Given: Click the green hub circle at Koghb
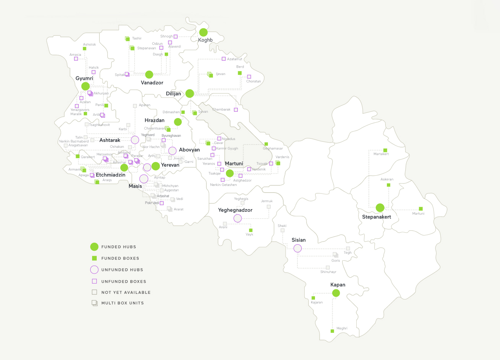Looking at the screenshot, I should (203, 32).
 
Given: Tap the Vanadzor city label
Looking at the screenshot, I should (152, 83).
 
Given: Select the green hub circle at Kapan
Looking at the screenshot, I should (336, 293).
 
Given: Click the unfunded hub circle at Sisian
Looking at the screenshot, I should (297, 248).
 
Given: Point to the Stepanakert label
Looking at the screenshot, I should (377, 217).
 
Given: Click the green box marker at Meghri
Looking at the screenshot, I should (332, 331).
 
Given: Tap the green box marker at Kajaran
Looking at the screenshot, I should (313, 298).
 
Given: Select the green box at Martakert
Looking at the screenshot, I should (385, 150).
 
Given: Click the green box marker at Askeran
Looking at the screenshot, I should (388, 185).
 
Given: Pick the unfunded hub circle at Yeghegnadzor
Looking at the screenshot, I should (237, 218).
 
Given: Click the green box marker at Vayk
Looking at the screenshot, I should (251, 230).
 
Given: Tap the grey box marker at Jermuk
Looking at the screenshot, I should (269, 206).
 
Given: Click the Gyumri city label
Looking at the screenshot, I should (84, 78).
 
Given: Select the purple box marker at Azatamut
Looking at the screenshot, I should (224, 59).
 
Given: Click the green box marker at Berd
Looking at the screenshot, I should (240, 73).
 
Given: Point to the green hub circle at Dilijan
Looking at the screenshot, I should (190, 93).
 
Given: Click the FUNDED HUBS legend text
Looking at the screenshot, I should (119, 247).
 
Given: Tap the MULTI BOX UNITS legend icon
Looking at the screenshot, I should (94, 303).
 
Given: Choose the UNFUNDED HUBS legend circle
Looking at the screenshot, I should (94, 270).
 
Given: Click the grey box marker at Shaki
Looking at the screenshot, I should (282, 230).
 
